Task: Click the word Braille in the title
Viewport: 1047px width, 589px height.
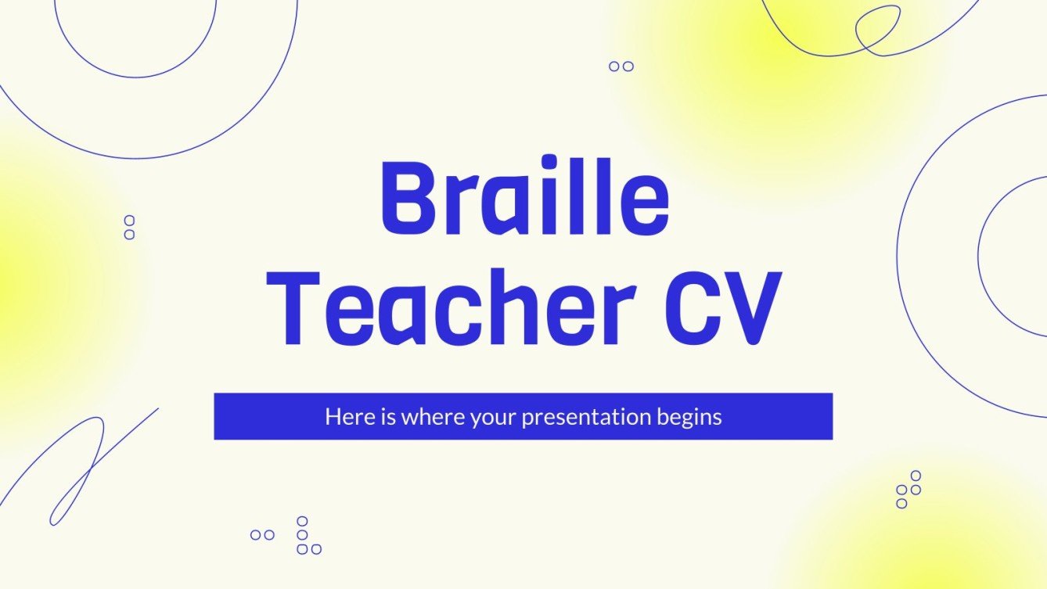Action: pyautogui.click(x=524, y=200)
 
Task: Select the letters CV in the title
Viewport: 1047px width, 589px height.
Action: pyautogui.click(x=719, y=309)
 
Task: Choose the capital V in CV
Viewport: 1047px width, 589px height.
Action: pyautogui.click(x=752, y=309)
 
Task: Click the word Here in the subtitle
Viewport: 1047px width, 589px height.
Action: pyautogui.click(x=345, y=417)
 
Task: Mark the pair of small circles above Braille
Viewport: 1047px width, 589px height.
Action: pyautogui.click(x=621, y=66)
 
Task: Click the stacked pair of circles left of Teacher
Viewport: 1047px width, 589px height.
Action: pyautogui.click(x=129, y=228)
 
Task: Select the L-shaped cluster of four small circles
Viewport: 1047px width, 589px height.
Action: pyautogui.click(x=305, y=536)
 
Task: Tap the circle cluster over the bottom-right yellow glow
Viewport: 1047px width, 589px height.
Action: pyautogui.click(x=908, y=490)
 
